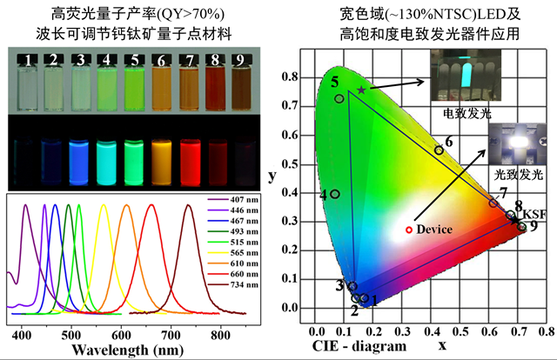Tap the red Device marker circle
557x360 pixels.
(x=409, y=230)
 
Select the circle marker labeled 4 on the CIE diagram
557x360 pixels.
(x=335, y=194)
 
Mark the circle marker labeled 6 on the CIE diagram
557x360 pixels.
(x=439, y=150)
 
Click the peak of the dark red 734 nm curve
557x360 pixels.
(x=187, y=206)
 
